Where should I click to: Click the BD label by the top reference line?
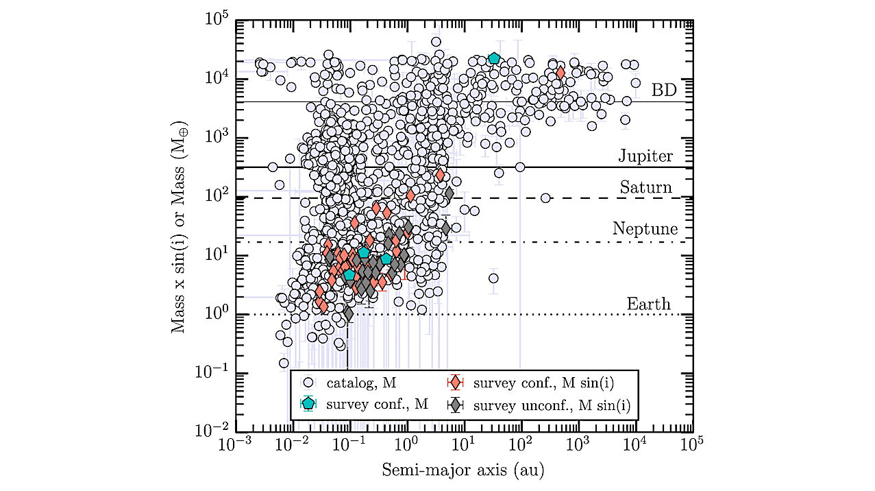click(663, 91)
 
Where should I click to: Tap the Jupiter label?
click(645, 156)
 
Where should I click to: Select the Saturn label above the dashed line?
click(645, 187)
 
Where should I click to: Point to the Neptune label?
click(645, 229)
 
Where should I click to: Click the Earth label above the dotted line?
click(648, 304)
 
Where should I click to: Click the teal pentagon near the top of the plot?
click(494, 58)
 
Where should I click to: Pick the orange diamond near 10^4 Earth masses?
click(560, 73)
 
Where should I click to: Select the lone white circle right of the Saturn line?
click(545, 198)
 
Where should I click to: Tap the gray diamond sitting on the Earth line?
click(348, 314)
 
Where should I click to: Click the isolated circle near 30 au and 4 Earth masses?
click(493, 278)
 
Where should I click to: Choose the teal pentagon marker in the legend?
click(308, 404)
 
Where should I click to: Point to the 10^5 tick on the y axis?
click(217, 19)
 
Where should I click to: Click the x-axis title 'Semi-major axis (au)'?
click(464, 470)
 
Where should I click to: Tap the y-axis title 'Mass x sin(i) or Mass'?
click(179, 227)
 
